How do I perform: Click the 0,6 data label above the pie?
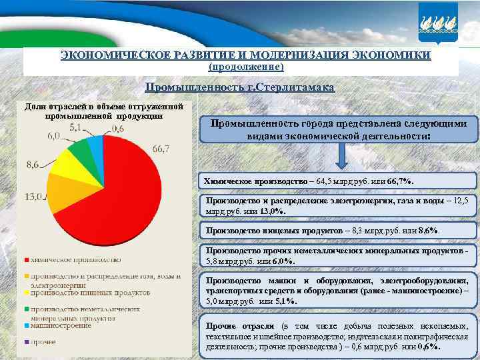[117, 129]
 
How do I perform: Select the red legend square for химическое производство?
[27, 260]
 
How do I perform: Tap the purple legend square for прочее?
[27, 341]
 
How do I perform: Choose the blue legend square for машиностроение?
[27, 326]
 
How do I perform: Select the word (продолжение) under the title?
[247, 67]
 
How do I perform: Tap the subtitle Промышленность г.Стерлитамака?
[241, 88]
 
